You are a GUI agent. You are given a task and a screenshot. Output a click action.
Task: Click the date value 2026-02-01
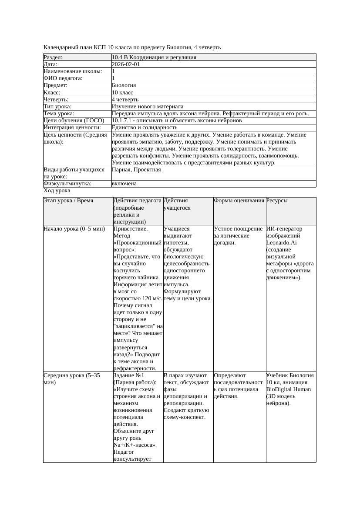click(126, 64)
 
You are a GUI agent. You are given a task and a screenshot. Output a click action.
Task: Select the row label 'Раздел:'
click(53, 57)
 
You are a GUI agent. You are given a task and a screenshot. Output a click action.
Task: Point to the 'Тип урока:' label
click(57, 106)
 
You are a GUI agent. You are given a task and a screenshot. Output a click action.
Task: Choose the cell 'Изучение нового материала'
click(147, 106)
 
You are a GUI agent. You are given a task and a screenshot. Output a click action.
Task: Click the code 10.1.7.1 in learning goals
click(122, 120)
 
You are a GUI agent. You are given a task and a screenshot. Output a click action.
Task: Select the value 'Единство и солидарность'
click(144, 127)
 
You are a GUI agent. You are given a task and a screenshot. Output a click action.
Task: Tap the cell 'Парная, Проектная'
click(136, 170)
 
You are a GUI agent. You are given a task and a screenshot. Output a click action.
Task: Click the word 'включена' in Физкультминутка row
click(124, 184)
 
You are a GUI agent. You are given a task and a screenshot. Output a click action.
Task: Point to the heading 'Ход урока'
click(57, 191)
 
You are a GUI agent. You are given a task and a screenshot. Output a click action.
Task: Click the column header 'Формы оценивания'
click(239, 201)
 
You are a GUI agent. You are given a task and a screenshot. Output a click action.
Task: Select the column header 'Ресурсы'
click(277, 201)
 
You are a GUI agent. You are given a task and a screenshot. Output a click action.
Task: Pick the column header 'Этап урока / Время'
click(68, 201)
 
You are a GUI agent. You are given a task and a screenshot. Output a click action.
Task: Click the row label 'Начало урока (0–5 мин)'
click(74, 228)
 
